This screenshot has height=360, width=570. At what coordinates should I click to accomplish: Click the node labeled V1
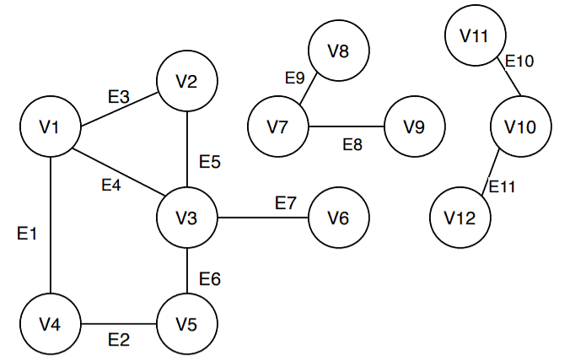click(x=51, y=128)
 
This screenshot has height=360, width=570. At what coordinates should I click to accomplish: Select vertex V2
click(x=187, y=82)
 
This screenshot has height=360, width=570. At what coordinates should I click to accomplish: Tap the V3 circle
click(x=187, y=218)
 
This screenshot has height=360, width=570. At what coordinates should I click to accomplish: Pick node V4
click(x=51, y=325)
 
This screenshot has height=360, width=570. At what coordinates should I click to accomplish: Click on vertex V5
click(x=187, y=325)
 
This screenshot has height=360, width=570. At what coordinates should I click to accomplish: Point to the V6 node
click(x=338, y=218)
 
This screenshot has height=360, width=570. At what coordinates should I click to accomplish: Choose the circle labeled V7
click(x=277, y=128)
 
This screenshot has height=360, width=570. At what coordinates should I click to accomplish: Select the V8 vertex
click(x=338, y=51)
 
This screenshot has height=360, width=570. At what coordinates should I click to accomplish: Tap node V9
click(x=414, y=128)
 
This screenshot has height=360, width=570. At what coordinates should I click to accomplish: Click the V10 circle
click(x=520, y=128)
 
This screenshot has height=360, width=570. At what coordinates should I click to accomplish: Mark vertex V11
click(x=475, y=36)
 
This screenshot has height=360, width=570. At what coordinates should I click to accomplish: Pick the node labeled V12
click(x=460, y=218)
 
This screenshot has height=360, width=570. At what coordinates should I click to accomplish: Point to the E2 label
click(x=119, y=341)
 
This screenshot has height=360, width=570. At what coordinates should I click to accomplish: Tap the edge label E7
click(x=286, y=203)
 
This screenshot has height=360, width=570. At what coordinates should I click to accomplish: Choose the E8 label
click(x=352, y=145)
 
